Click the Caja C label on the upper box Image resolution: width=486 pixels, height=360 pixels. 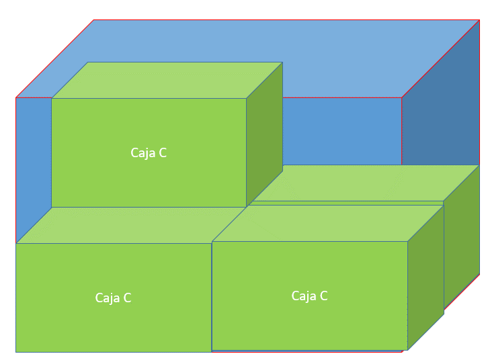pos(149,153)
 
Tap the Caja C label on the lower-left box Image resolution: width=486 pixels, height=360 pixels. pos(113,298)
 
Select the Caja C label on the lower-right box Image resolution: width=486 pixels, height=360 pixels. pos(309,296)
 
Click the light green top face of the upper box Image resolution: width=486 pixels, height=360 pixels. pos(167,80)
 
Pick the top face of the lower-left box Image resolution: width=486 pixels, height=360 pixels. pos(128,225)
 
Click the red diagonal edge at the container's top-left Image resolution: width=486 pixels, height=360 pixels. pos(54,59)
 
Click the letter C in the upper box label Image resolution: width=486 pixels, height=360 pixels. pos(162,153)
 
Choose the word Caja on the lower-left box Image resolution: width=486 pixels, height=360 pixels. pos(106,298)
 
